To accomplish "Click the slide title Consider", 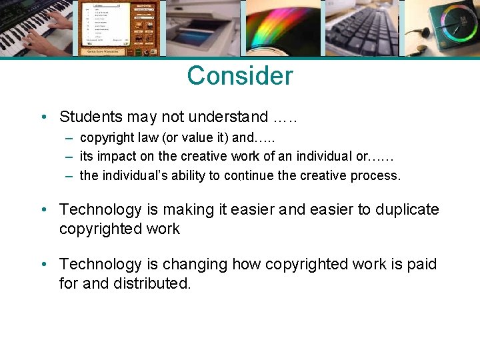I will point(239,76).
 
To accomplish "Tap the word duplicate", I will point(407,209).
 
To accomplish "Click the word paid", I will point(423,264).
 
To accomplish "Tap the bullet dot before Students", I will point(43,117).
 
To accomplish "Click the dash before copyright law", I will point(69,138).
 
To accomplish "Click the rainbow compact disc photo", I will point(283,28).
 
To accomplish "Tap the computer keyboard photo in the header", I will point(361,28).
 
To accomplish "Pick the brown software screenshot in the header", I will point(119,28).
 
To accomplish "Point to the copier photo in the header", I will point(203,28).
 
